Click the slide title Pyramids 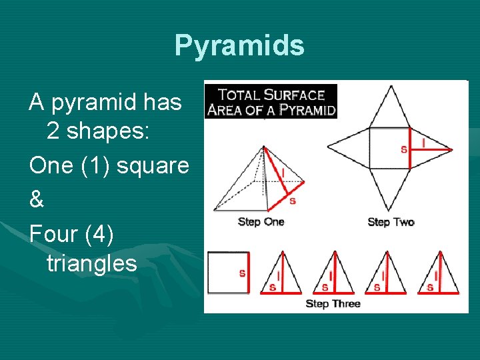[239, 46]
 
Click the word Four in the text [53, 231]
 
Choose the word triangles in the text [91, 263]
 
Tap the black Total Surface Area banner [270, 101]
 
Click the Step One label [261, 222]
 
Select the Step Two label [391, 222]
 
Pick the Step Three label [333, 303]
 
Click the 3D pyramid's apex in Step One [264, 147]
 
